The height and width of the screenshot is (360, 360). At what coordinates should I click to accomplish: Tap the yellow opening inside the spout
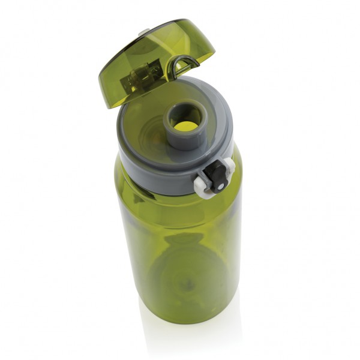tap(186, 126)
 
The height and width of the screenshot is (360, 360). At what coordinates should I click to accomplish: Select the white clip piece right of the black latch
tap(229, 166)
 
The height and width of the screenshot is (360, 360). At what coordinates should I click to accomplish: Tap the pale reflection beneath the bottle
tap(180, 336)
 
